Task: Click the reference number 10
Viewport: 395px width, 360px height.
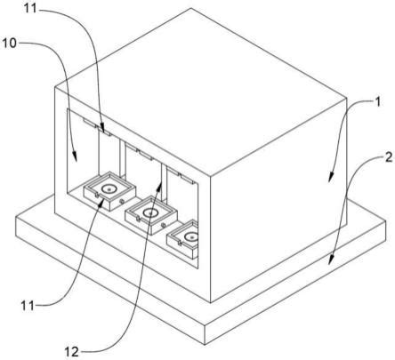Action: (9, 44)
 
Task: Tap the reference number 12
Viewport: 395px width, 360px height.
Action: (72, 351)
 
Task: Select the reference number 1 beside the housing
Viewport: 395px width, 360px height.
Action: (377, 102)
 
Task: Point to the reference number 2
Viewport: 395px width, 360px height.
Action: (389, 157)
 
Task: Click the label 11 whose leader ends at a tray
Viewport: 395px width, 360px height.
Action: (28, 305)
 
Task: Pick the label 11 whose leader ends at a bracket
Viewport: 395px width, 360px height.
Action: (30, 8)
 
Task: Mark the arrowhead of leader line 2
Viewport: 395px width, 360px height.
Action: (331, 260)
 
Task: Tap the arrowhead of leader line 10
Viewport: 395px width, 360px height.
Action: (76, 156)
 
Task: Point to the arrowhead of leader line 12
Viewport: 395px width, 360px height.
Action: (160, 186)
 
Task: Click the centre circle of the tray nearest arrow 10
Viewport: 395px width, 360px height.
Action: (109, 188)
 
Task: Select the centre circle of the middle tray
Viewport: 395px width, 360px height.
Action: (150, 212)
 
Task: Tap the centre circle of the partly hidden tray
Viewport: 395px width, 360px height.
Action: (191, 236)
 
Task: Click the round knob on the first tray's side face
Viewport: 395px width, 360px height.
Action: (121, 202)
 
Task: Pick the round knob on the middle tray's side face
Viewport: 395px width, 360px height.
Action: (163, 226)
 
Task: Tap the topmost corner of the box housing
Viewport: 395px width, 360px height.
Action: (191, 8)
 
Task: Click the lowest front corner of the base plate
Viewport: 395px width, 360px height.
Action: (205, 345)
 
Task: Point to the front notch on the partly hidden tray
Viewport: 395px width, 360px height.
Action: (180, 243)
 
